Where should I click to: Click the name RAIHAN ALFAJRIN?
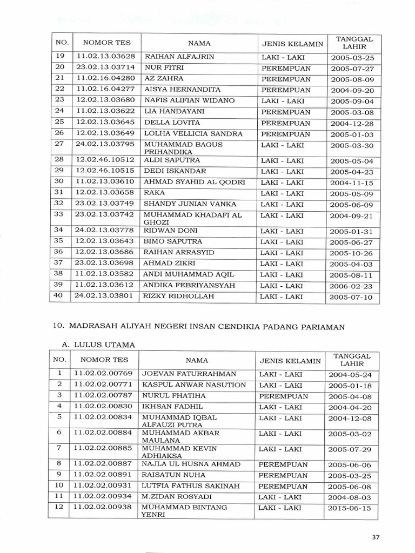click(178, 57)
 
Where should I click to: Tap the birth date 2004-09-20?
click(352, 91)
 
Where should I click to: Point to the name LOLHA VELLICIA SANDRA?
click(193, 133)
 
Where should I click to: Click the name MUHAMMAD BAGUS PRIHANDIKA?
click(183, 149)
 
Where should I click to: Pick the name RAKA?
click(155, 193)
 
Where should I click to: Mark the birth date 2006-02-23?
click(352, 286)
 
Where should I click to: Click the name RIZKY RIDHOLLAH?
click(178, 296)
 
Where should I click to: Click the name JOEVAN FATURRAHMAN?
click(189, 374)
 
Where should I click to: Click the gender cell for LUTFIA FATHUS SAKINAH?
click(283, 486)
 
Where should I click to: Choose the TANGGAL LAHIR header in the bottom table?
click(352, 360)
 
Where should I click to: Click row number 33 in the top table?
click(60, 214)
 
